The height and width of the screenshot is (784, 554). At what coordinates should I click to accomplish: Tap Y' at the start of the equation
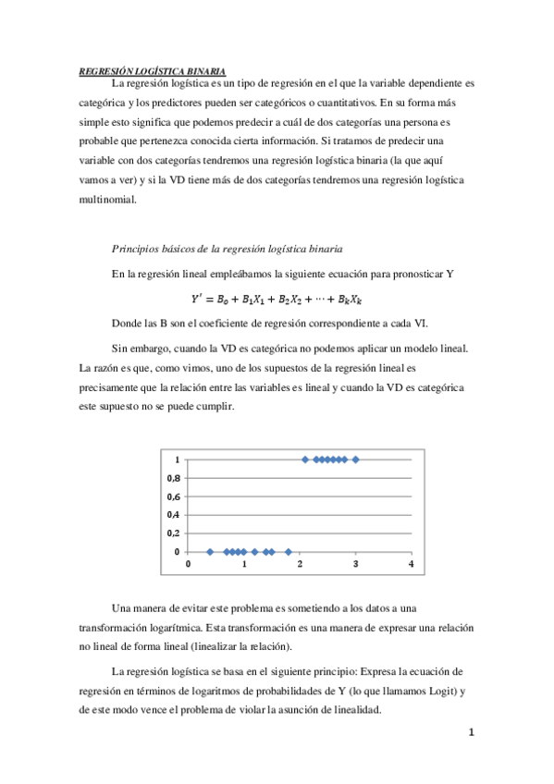coord(197,299)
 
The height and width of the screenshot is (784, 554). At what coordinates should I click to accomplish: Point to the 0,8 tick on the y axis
coord(173,478)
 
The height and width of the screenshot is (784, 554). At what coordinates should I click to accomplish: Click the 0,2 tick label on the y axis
coord(173,533)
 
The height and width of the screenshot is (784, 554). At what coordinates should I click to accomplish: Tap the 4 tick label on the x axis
coord(410,564)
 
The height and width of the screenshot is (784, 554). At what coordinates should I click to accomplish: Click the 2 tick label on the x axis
coord(300,564)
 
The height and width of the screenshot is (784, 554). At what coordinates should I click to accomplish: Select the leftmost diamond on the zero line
coord(210,552)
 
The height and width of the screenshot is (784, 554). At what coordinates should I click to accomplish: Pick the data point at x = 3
coord(355,459)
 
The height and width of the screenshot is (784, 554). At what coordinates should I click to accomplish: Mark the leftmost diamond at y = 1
coord(305,459)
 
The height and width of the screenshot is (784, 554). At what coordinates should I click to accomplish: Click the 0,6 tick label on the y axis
coord(173,496)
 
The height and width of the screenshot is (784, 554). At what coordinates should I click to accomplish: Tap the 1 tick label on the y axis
coord(177,459)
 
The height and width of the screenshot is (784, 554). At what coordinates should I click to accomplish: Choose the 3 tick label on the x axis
coord(354,564)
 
